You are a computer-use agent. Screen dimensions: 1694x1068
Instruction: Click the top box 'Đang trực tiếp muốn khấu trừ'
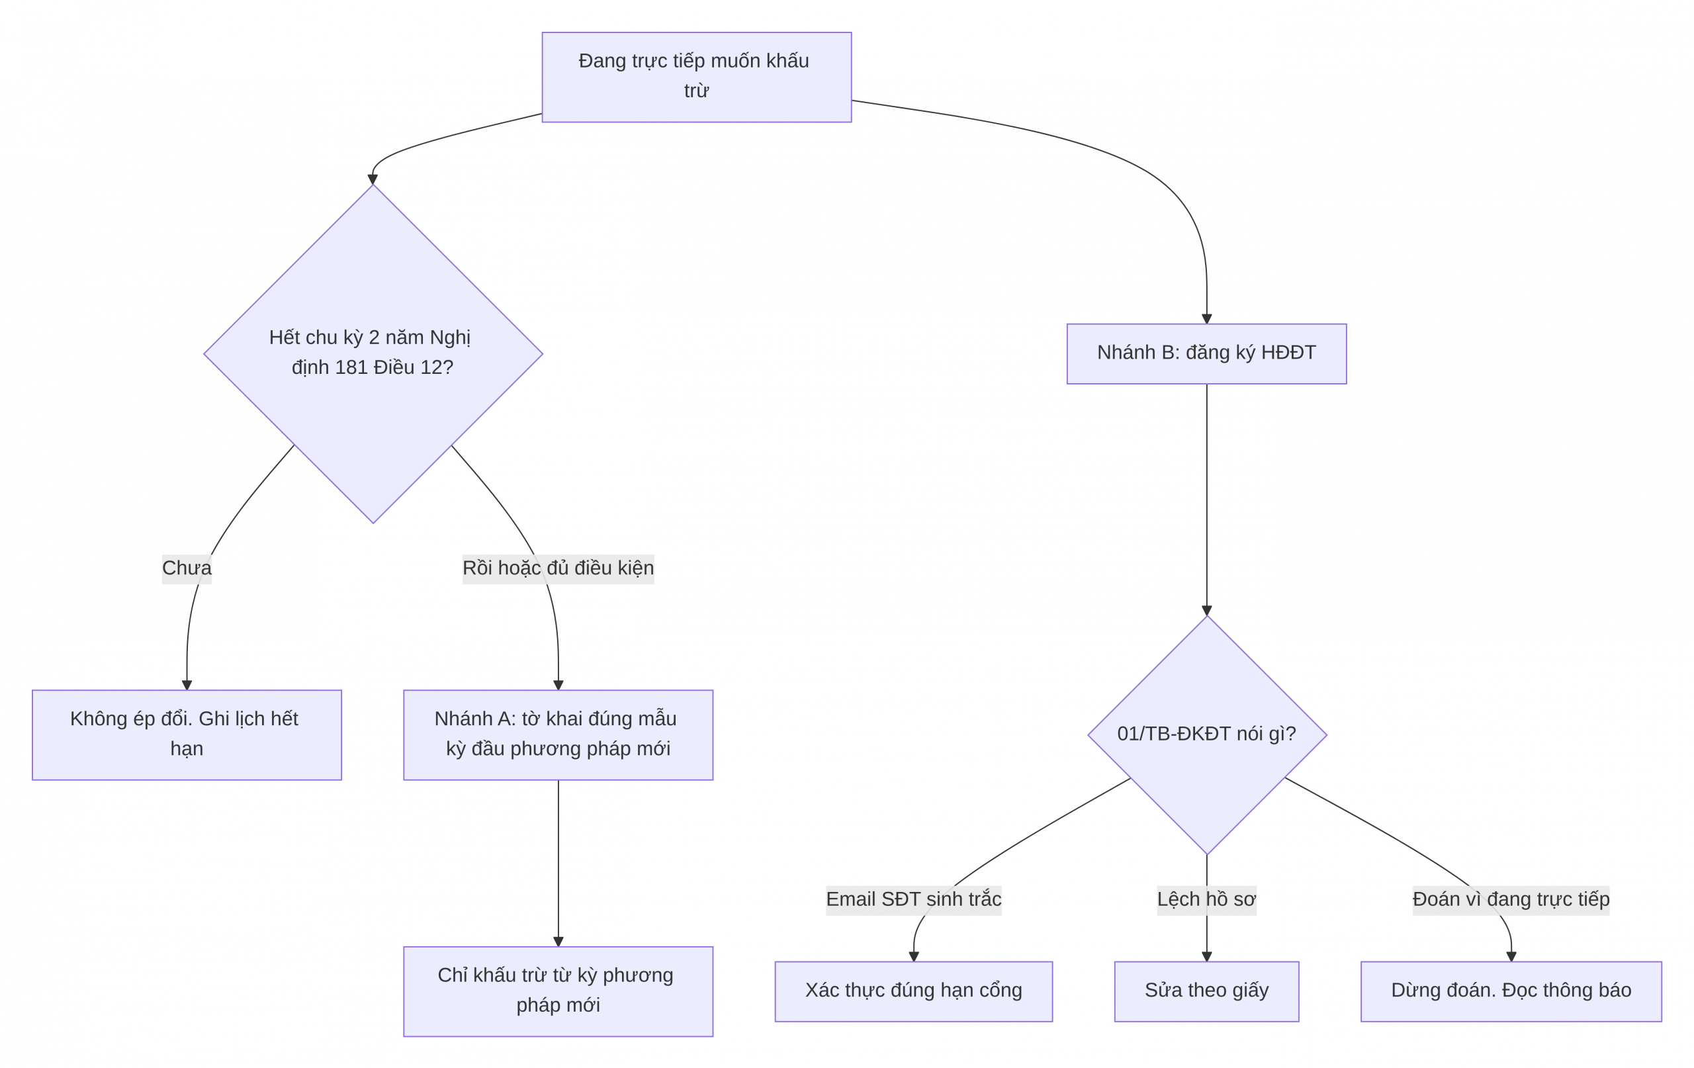point(696,77)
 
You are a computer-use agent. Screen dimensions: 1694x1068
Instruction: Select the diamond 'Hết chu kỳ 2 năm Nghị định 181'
point(373,353)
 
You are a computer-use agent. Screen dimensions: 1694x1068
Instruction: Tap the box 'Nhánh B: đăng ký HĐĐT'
point(1206,353)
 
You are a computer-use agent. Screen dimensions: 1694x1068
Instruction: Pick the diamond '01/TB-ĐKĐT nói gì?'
point(1206,734)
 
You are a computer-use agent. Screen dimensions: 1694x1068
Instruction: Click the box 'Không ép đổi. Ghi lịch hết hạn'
point(187,734)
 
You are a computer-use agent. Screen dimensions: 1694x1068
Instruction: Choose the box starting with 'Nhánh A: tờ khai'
point(558,734)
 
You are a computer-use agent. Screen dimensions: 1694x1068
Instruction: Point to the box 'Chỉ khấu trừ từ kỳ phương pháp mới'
point(558,991)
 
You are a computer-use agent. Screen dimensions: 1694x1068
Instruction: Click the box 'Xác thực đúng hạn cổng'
point(913,991)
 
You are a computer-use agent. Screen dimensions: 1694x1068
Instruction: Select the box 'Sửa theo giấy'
point(1206,991)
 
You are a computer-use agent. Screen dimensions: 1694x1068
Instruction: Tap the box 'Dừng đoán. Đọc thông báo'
point(1511,991)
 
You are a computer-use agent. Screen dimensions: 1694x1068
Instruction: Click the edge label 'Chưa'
point(187,568)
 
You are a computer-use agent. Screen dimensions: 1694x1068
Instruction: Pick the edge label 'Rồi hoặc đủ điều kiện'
point(558,568)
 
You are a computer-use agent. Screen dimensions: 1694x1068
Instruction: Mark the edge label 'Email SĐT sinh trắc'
point(913,899)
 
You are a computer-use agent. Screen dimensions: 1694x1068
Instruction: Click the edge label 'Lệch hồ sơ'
point(1206,899)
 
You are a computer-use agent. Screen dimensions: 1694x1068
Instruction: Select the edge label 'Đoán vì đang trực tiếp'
point(1511,899)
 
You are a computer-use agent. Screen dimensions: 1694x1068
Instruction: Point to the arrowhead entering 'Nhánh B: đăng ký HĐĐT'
point(1206,319)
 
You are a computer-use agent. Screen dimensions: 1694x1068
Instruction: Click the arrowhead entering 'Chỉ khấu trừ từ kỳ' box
point(558,942)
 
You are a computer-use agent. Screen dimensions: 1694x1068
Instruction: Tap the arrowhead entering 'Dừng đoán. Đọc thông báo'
point(1511,956)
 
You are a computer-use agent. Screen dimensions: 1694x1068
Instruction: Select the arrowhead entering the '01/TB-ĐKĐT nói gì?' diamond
point(1206,610)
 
